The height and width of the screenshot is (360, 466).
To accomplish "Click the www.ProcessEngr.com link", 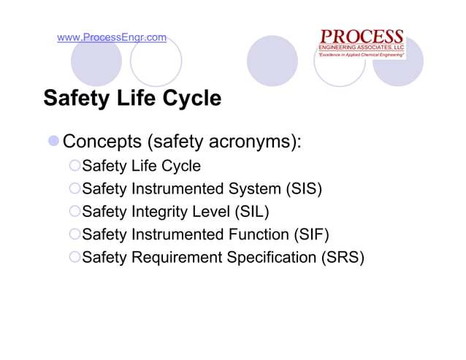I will click(112, 37).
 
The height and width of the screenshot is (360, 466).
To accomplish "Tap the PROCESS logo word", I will click(362, 36).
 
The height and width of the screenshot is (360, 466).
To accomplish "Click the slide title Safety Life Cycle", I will click(132, 98).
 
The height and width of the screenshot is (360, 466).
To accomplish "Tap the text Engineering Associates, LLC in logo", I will click(362, 47).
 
